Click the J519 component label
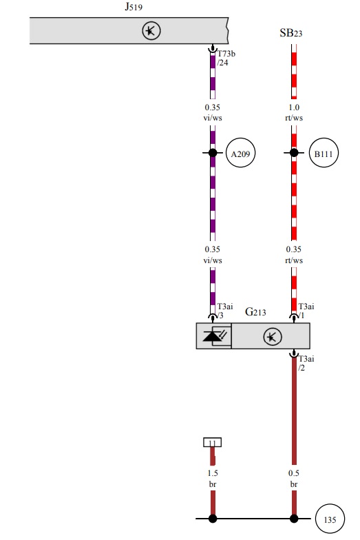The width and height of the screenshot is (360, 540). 134,7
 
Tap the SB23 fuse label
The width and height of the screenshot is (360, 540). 290,33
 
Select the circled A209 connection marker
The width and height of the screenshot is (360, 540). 241,153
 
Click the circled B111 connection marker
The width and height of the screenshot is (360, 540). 324,153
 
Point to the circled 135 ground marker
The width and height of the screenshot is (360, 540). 330,519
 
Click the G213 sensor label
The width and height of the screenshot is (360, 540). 255,312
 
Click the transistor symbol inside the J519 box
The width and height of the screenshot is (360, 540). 151,31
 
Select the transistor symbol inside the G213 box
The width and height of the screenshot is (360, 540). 273,337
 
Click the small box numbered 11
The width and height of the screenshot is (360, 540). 212,442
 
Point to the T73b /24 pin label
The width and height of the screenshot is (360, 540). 226,58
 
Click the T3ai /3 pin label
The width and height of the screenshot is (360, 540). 224,311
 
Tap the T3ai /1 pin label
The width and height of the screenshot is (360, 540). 306,311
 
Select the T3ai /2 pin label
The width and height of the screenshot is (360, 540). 306,364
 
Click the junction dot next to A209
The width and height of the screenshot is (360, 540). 213,153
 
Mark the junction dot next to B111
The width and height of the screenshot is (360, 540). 294,153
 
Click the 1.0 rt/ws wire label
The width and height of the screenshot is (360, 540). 294,113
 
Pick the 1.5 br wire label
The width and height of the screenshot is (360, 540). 213,478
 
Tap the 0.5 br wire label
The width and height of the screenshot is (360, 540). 293,478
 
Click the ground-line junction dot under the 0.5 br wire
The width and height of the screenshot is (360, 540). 294,518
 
